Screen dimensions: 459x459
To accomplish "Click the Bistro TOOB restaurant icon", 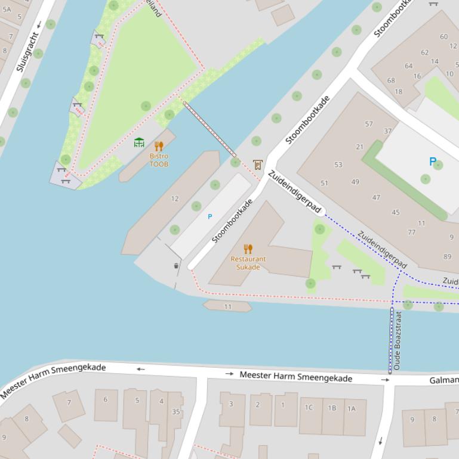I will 159,146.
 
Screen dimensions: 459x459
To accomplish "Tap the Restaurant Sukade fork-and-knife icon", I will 248,249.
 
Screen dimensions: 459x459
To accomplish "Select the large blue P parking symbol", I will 433,162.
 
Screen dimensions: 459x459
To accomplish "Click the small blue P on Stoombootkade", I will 210,216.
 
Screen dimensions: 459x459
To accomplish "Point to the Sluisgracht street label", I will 27,52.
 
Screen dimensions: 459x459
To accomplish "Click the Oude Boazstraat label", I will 398,340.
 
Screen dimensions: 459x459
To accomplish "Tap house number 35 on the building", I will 176,411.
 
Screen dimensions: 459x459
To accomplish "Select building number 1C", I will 309,408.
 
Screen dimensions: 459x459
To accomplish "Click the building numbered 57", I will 369,124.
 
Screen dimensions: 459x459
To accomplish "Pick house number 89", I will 448,256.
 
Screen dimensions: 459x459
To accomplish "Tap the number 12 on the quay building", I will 175,199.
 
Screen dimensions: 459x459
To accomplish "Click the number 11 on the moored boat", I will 227,306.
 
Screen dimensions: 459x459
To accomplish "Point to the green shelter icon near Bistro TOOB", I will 139,142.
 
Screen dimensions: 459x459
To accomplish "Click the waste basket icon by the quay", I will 175,266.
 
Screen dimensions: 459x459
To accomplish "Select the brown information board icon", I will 257,164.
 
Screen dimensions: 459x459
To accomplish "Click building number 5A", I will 7,10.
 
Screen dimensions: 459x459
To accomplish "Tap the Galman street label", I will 443,380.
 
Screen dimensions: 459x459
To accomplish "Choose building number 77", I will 412,232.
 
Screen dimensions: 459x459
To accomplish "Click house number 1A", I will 352,408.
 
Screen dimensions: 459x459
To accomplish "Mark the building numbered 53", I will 338,165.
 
